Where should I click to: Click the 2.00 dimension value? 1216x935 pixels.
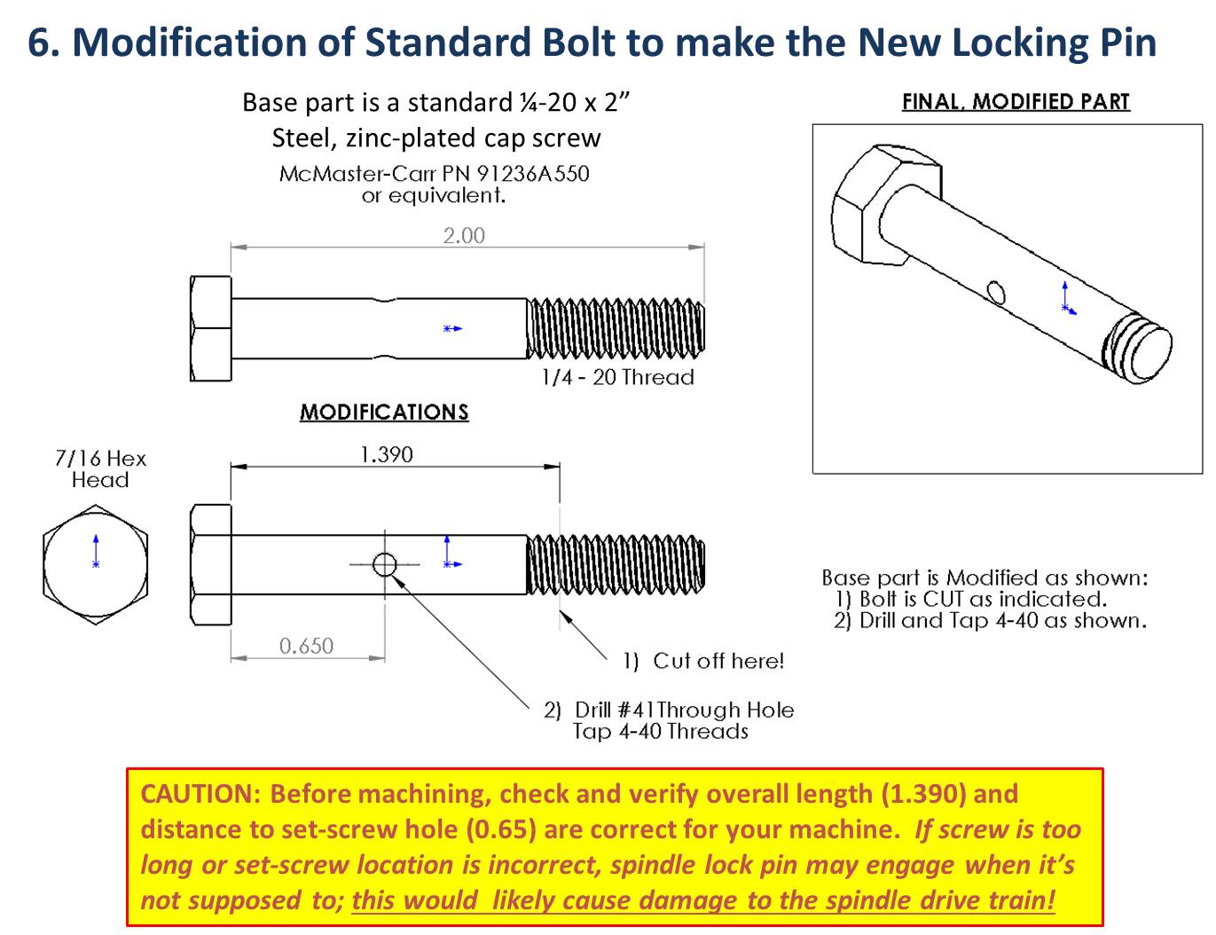point(464,236)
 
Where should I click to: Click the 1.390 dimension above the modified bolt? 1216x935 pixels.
point(386,455)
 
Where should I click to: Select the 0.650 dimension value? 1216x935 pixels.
point(306,646)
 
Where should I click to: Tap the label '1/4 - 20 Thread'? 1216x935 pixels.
point(617,377)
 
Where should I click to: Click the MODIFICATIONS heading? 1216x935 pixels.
point(384,412)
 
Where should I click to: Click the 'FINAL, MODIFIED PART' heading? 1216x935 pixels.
point(1016,102)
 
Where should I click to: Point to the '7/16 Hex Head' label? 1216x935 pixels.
point(100,469)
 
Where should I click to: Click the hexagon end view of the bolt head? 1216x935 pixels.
point(95,565)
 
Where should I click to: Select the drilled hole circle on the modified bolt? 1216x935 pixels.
point(384,564)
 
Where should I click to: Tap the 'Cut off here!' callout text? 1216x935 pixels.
point(718,661)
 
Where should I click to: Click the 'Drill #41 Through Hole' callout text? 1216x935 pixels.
point(683,710)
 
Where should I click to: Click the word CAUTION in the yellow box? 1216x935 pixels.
point(200,793)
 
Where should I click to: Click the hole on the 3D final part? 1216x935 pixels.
point(996,292)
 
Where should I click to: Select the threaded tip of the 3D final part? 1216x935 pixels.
point(1138,350)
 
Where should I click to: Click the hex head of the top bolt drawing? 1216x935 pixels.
point(211,328)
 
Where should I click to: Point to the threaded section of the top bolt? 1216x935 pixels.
point(616,328)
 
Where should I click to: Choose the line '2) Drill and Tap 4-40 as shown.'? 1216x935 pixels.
point(989,621)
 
